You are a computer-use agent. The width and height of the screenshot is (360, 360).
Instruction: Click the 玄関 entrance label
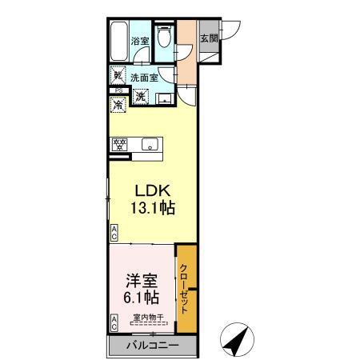(x=209, y=38)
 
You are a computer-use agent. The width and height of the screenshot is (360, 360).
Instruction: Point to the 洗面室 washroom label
(x=144, y=78)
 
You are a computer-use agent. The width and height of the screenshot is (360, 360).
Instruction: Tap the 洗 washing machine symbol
(x=139, y=97)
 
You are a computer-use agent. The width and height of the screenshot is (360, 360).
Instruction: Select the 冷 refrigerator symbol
(x=118, y=104)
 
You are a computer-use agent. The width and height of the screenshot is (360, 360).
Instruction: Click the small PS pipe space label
(x=117, y=91)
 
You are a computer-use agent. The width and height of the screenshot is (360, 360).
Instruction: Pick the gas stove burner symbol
(x=120, y=145)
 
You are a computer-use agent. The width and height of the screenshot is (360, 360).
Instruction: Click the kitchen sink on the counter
(x=150, y=145)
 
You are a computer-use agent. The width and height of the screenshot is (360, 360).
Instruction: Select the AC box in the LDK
(x=114, y=233)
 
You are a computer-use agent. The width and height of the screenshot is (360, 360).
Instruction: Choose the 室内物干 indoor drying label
(x=148, y=318)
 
